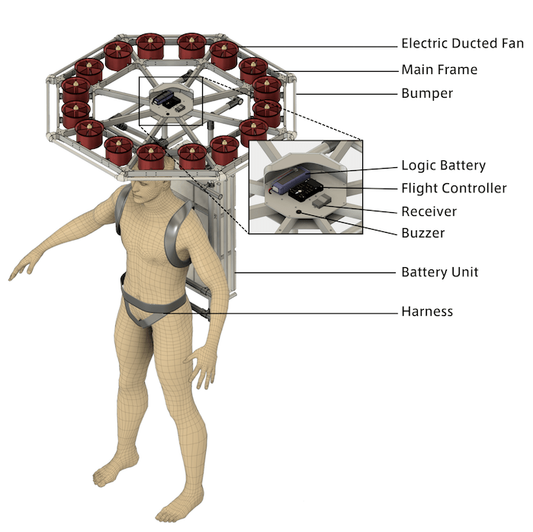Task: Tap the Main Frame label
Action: click(439, 70)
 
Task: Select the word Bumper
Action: click(426, 95)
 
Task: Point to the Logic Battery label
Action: click(443, 166)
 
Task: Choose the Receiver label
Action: click(429, 211)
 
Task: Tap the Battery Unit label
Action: click(440, 272)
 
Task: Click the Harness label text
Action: click(427, 311)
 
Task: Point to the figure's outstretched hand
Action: click(21, 268)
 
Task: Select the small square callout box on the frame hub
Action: click(170, 101)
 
